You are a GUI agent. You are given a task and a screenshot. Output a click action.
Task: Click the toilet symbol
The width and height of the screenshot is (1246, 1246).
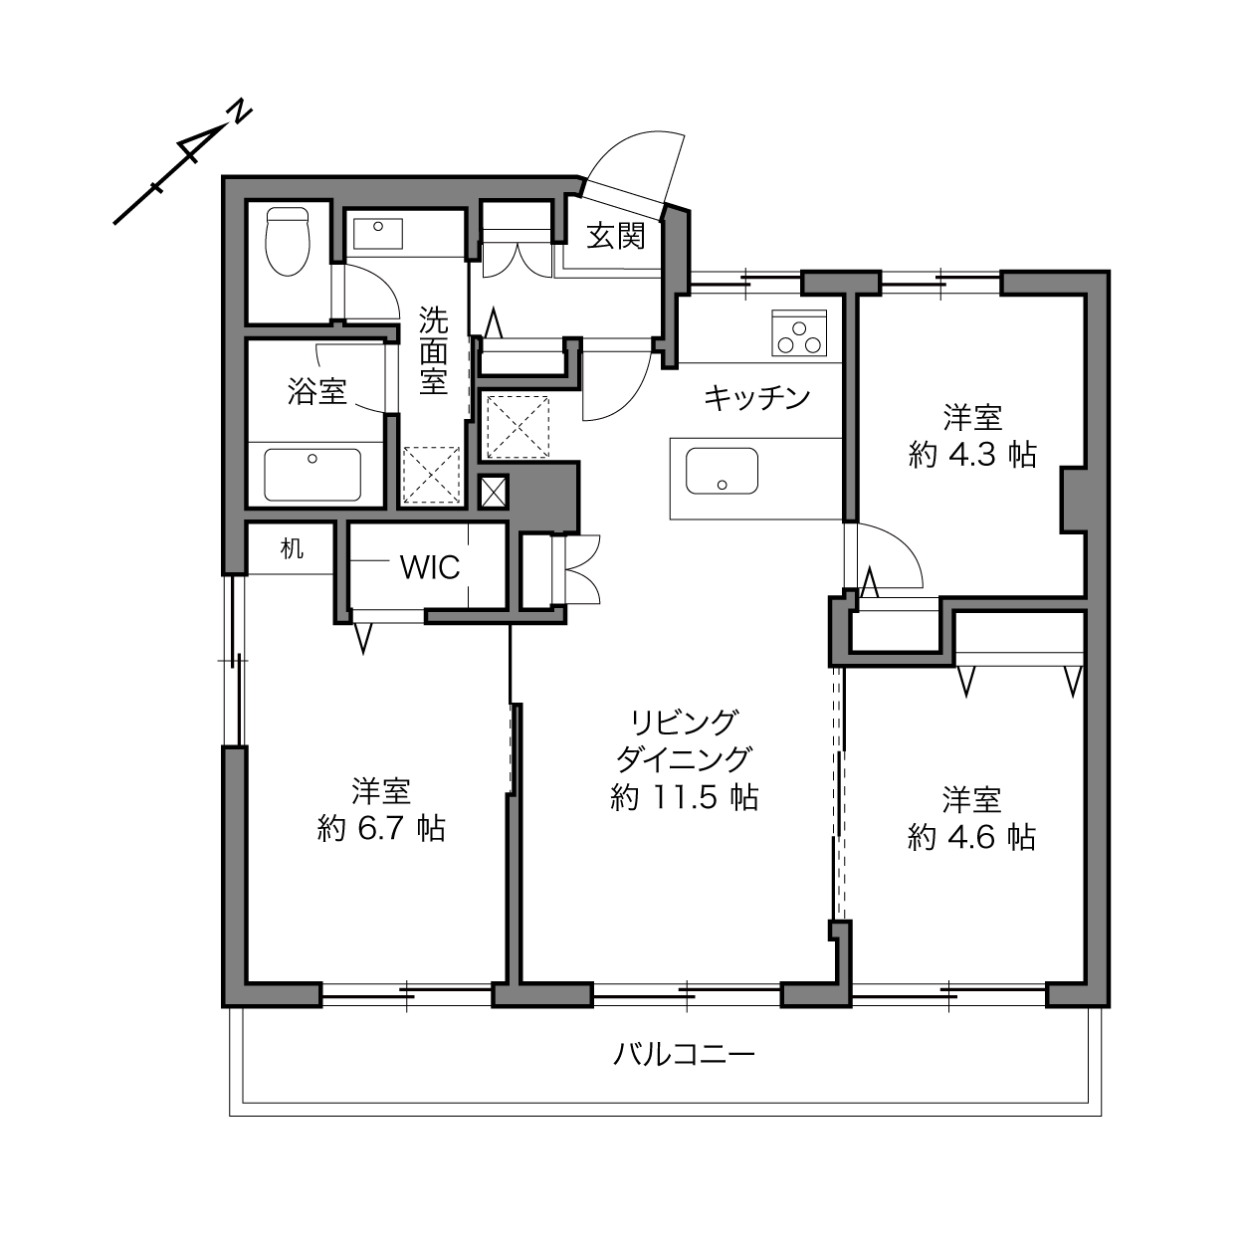coord(288,241)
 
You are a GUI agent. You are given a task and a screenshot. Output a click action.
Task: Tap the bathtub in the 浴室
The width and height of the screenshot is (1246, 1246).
coord(312,475)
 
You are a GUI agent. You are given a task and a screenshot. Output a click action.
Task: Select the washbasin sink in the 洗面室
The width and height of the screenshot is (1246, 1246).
coord(378,234)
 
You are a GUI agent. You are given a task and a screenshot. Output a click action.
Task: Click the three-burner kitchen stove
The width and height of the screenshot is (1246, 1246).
coord(799,332)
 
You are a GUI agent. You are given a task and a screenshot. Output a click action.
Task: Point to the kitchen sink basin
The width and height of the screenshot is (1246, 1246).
coord(722,471)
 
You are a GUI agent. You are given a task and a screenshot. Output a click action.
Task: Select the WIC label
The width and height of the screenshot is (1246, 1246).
coord(430,567)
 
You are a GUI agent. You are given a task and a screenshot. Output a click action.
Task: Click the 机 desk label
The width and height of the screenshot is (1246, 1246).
coord(292,549)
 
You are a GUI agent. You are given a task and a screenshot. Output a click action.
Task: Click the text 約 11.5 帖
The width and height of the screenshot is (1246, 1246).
coord(684,797)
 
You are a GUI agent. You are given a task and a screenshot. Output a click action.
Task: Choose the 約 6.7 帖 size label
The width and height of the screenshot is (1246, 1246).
coord(381,828)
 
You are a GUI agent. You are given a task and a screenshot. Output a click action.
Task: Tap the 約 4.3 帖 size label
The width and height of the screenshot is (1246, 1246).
coord(972,455)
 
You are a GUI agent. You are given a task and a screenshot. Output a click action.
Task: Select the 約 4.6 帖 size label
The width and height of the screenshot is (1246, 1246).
coord(972,837)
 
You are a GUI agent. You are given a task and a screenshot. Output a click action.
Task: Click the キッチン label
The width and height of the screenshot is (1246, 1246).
coord(757,398)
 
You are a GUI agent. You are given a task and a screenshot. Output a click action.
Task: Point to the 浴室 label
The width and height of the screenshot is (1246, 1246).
coord(316,391)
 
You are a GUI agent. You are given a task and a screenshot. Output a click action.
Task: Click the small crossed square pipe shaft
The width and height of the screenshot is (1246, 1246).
coord(494,492)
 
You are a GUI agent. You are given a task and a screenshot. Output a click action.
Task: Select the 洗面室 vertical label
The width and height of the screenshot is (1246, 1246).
coord(433,350)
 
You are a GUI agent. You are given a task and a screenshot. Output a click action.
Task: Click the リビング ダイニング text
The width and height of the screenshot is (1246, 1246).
coord(684,740)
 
